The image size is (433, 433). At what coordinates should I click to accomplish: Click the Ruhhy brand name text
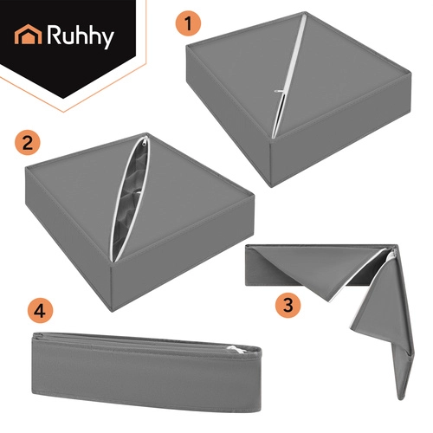(x=81, y=36)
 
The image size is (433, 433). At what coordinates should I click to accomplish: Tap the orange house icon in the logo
(x=29, y=35)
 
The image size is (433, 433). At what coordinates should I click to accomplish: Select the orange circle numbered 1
(x=188, y=23)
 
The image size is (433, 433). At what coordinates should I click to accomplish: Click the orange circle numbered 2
(x=28, y=143)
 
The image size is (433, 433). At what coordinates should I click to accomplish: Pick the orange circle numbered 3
(x=288, y=305)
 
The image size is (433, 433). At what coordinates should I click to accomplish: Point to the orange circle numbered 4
(x=40, y=311)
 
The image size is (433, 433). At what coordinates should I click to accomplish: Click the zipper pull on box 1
(x=279, y=91)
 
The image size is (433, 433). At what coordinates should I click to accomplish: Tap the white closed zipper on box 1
(x=288, y=75)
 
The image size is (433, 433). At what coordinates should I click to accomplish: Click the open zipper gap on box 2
(x=129, y=200)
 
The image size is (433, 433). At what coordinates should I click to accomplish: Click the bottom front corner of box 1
(x=271, y=187)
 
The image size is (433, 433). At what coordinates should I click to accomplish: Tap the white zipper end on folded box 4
(x=237, y=350)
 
